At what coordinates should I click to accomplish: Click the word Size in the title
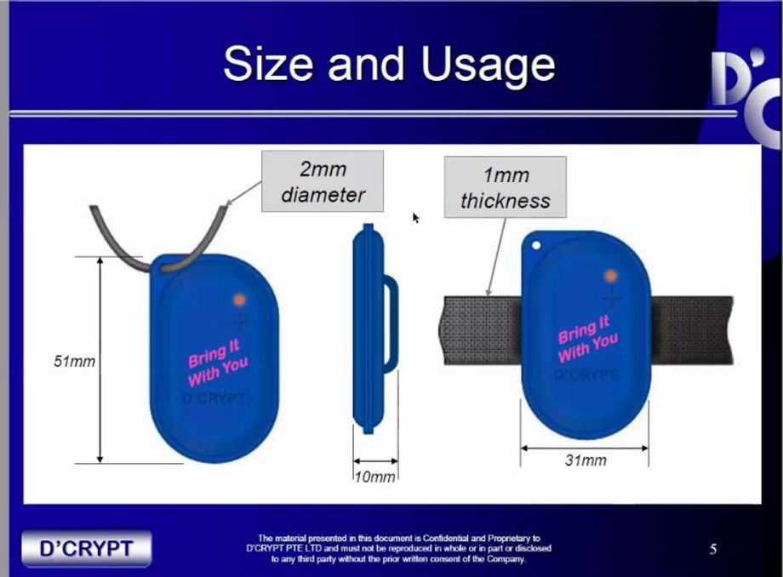click(x=269, y=63)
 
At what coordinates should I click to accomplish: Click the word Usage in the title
click(x=488, y=66)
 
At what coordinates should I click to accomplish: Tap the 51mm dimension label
click(x=74, y=361)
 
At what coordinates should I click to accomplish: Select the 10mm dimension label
click(x=375, y=477)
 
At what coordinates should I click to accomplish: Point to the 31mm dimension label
click(x=586, y=460)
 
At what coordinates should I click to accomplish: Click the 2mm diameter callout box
click(x=323, y=181)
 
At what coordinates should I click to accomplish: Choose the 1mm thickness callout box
click(x=506, y=187)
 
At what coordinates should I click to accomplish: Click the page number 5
click(x=713, y=549)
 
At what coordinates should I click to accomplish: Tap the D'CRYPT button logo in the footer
click(x=87, y=548)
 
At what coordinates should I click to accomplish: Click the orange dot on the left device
click(x=240, y=300)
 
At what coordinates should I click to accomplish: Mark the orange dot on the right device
click(x=611, y=276)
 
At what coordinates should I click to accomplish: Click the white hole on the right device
click(x=537, y=246)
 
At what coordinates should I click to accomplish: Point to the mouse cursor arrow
click(x=415, y=217)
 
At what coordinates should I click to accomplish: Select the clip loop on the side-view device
click(x=392, y=324)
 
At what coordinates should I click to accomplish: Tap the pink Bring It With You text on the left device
click(x=218, y=363)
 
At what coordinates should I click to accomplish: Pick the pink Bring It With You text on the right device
click(x=588, y=339)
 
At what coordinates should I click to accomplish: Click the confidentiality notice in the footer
click(x=398, y=549)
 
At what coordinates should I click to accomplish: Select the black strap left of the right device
click(x=482, y=330)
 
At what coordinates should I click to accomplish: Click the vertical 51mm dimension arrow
click(x=100, y=360)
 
